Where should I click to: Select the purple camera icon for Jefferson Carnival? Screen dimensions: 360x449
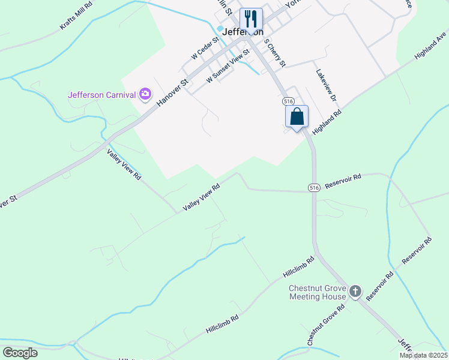(145, 94)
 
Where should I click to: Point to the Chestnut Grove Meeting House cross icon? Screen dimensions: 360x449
(355, 292)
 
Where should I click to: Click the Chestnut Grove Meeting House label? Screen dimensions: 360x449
(318, 292)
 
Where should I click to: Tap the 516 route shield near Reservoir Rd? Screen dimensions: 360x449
(313, 188)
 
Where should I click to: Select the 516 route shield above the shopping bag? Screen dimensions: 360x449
(289, 101)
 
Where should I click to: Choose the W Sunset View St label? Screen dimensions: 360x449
(228, 70)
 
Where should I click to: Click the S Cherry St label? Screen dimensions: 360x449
(275, 53)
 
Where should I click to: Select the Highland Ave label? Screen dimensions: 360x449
(430, 49)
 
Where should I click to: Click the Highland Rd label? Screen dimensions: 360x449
(327, 122)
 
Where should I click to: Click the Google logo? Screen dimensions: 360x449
(20, 353)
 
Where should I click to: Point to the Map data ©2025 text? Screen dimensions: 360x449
(423, 355)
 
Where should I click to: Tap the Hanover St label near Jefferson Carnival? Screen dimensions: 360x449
(172, 92)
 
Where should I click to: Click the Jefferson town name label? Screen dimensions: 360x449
(243, 32)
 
